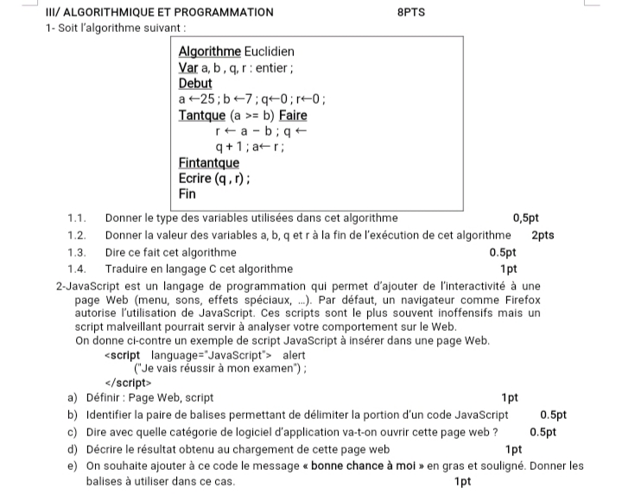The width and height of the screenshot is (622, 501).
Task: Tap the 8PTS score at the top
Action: pyautogui.click(x=411, y=13)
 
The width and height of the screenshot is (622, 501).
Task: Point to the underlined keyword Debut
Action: pyautogui.click(x=195, y=83)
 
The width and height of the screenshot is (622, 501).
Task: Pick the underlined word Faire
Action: pyautogui.click(x=291, y=115)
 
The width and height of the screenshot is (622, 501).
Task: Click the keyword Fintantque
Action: pyautogui.click(x=209, y=162)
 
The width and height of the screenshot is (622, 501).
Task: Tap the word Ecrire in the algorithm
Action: pyautogui.click(x=195, y=179)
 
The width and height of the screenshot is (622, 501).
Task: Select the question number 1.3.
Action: pyautogui.click(x=77, y=252)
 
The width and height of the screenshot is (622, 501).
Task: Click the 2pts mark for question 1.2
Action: pyautogui.click(x=543, y=235)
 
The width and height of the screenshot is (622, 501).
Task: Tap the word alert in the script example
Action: pyautogui.click(x=294, y=355)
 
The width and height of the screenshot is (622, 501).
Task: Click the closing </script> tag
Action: pyautogui.click(x=127, y=383)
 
